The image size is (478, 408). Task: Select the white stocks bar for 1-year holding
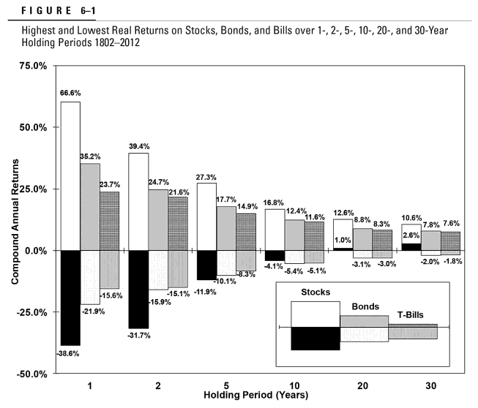[x=70, y=175]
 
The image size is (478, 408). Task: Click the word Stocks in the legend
[x=315, y=292]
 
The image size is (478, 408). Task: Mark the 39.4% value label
[x=139, y=146]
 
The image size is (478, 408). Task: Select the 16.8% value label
[x=275, y=202]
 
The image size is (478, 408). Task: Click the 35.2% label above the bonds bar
[x=91, y=156]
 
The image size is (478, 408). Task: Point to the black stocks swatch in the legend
[x=315, y=339]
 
